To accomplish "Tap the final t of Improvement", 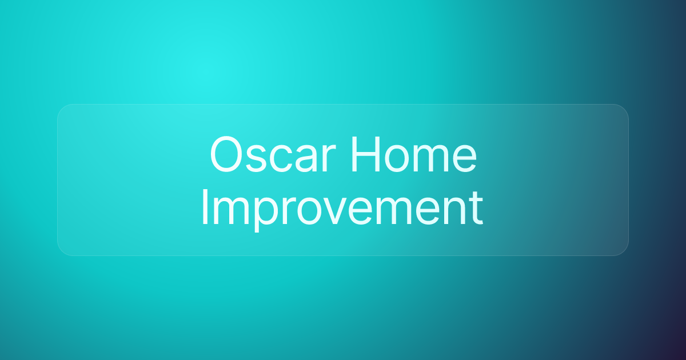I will click(475, 210).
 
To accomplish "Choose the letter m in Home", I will click(430, 158).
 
